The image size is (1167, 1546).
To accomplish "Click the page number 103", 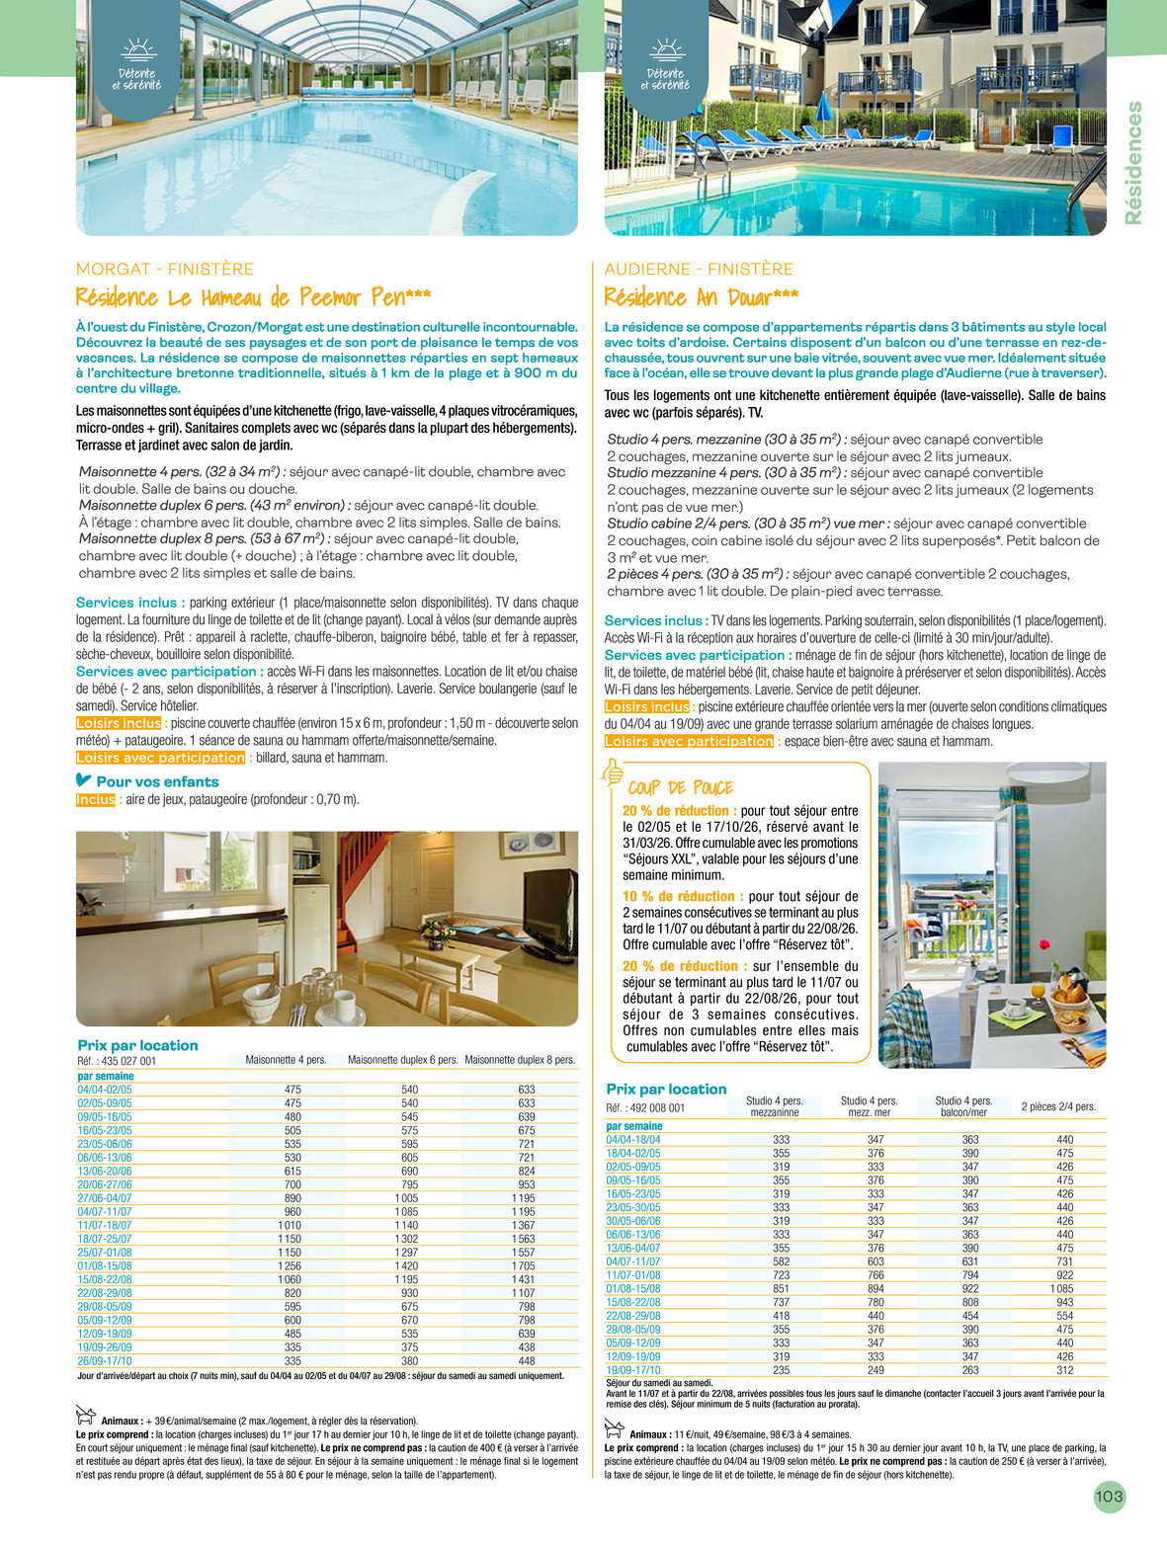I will [1109, 1497].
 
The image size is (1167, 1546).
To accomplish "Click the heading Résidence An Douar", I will [701, 297].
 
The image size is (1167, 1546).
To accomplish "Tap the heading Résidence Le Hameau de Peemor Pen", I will [253, 297].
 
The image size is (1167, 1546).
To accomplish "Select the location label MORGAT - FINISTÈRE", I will [165, 269].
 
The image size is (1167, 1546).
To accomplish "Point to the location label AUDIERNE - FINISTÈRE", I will [699, 269].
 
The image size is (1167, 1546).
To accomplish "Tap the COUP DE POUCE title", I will [681, 787].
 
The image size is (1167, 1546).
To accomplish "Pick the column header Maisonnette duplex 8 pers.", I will [520, 1060].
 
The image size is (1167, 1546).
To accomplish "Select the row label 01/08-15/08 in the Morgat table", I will [105, 1265].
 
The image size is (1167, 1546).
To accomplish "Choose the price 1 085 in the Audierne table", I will [1062, 1289].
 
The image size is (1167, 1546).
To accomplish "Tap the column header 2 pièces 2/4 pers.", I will [1058, 1106].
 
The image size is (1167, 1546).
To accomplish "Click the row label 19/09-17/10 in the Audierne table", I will [633, 1370].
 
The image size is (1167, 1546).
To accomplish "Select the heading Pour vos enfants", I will [157, 781].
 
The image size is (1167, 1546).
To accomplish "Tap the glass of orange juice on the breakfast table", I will [1037, 990].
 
